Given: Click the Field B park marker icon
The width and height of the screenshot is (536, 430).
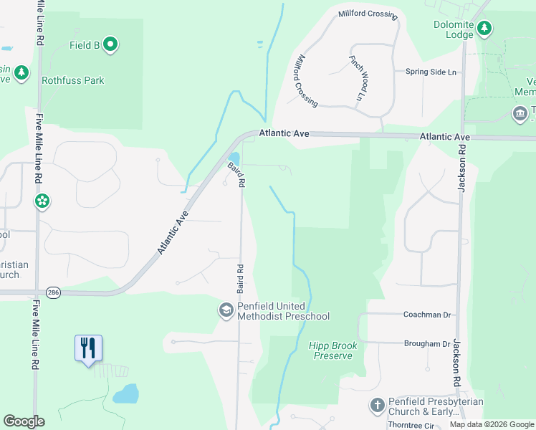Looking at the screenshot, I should (x=110, y=45).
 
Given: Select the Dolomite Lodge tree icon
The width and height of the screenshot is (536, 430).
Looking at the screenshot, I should (x=485, y=29).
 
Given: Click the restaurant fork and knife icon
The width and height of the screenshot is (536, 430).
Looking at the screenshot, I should (x=88, y=348).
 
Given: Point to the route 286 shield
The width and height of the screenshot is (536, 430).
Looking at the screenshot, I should (x=53, y=292).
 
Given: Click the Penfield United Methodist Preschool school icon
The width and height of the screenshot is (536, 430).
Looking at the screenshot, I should (x=226, y=310).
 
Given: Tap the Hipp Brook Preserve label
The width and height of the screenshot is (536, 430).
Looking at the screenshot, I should (x=333, y=350).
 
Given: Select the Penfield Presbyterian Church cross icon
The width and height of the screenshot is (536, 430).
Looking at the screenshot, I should (x=378, y=406).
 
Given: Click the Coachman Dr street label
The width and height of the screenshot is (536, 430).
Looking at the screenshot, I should (x=426, y=314).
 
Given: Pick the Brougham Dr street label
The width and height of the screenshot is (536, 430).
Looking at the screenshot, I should (x=427, y=344).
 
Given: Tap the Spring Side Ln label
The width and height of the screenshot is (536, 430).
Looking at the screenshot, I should (x=431, y=72).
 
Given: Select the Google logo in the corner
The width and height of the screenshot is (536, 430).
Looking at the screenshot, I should (x=24, y=421).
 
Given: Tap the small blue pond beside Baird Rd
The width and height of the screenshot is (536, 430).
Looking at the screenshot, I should (x=234, y=157).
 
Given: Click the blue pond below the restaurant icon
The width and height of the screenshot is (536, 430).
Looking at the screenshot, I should (x=125, y=393).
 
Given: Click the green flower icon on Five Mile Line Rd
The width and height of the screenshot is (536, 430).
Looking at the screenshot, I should (x=42, y=201).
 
